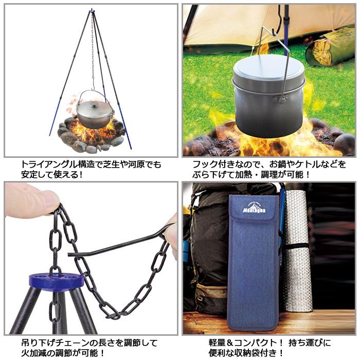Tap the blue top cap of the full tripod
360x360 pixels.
(92, 11)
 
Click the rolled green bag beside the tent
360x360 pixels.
(329, 46)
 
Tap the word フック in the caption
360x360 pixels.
(205, 165)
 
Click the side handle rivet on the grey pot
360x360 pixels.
(282, 99)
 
